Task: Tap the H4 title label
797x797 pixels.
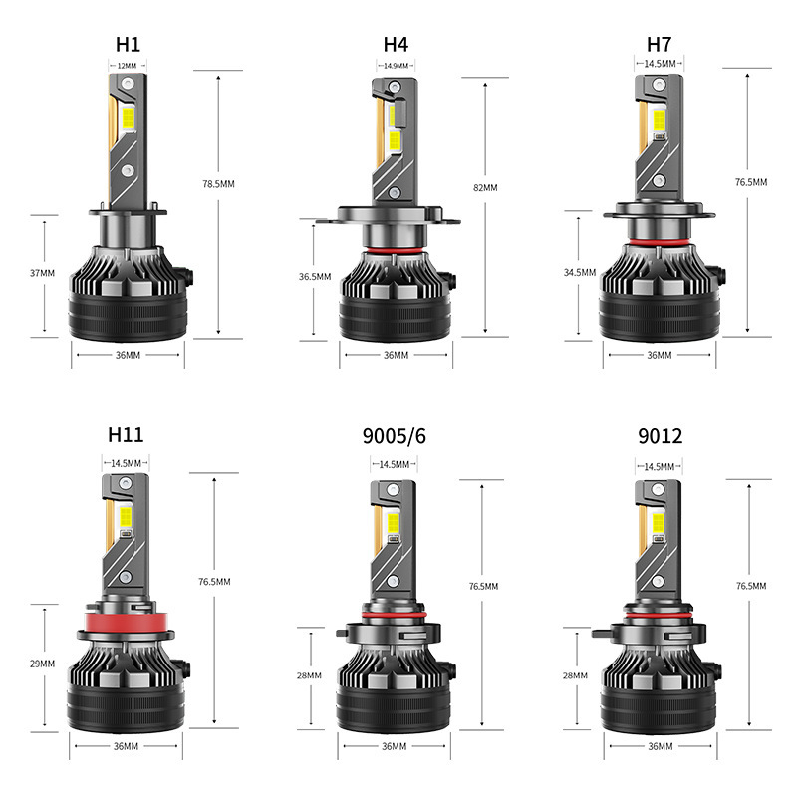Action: [x=396, y=44]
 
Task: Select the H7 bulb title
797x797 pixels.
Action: [x=660, y=44]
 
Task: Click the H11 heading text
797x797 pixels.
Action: [x=127, y=434]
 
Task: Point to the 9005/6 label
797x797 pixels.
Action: [x=395, y=435]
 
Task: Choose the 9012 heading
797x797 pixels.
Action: [x=660, y=435]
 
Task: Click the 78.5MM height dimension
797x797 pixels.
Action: [x=218, y=184]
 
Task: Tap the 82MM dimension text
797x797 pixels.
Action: [x=487, y=187]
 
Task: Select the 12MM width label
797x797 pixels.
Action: [x=127, y=66]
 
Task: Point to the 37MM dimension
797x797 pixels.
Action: [x=43, y=273]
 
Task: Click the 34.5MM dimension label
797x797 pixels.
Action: [x=580, y=271]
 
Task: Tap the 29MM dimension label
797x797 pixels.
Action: [x=43, y=664]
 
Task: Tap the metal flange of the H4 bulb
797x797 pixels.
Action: [x=395, y=215]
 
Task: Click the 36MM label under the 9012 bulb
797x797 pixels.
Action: [x=660, y=746]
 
